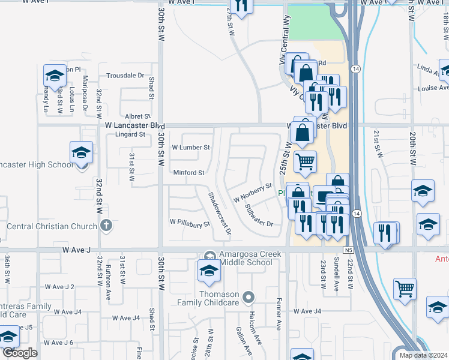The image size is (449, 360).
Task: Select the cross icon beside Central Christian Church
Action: coord(106,226)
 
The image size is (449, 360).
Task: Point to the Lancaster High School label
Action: coord(35,165)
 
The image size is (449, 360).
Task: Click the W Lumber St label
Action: coord(190,147)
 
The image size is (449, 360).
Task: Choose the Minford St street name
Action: coord(189,173)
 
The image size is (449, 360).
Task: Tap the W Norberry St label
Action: coord(253,193)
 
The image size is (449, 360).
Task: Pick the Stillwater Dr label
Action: coord(259,216)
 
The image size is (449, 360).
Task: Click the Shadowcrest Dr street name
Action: coord(220,214)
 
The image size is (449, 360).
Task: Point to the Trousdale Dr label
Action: coord(125,76)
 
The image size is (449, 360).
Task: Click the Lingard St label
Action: coord(131,134)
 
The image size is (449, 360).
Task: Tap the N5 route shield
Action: coord(349,249)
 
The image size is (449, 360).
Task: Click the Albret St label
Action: coord(137,116)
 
